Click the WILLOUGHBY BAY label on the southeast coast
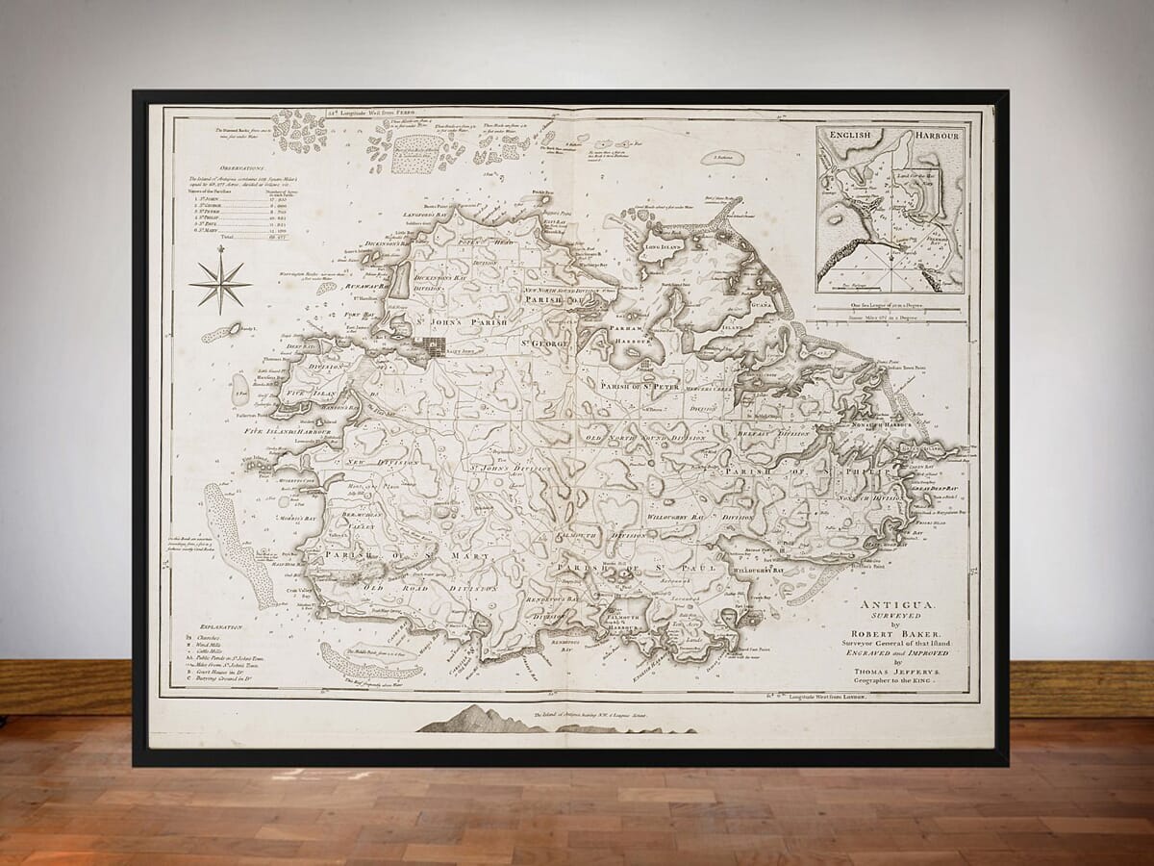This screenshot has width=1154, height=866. click(760, 571)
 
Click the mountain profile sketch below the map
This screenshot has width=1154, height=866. click(478, 720)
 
